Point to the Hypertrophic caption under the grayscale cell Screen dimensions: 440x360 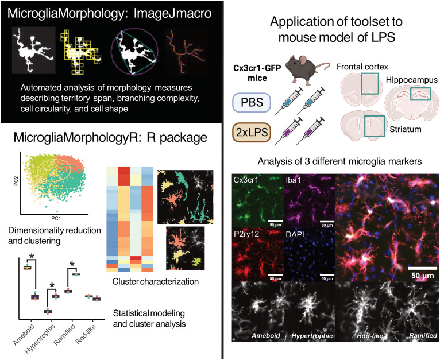(308, 335)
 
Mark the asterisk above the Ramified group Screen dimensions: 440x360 (72, 264)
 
